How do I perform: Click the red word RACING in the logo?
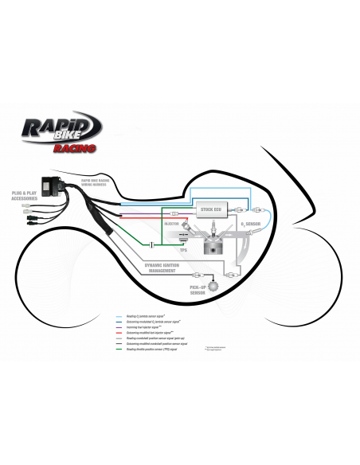[x=77, y=148]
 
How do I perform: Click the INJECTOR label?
[x=174, y=225]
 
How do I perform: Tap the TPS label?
[x=184, y=250]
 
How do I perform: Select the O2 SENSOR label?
[x=252, y=226]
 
